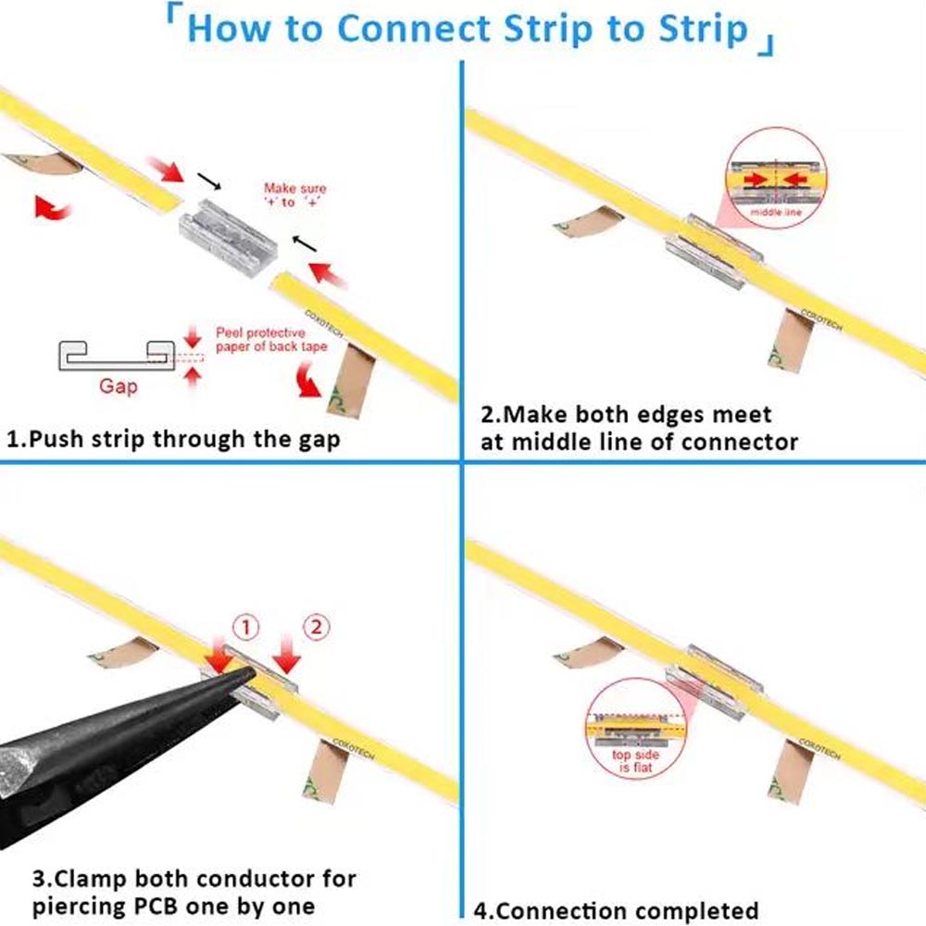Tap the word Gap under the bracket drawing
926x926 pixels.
coord(119,387)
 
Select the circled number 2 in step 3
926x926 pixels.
coord(316,627)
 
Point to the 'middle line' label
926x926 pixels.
coord(776,212)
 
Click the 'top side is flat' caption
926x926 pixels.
coord(635,761)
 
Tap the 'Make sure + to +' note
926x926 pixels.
coord(294,194)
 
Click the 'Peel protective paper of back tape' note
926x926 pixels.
coord(271,340)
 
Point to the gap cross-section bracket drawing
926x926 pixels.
coord(117,356)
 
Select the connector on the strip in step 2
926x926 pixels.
coord(714,251)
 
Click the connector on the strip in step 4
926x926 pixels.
coord(714,682)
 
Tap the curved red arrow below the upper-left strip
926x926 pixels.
coord(52,207)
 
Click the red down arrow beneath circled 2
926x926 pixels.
coord(287,655)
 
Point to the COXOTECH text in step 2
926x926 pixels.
coord(821,319)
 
